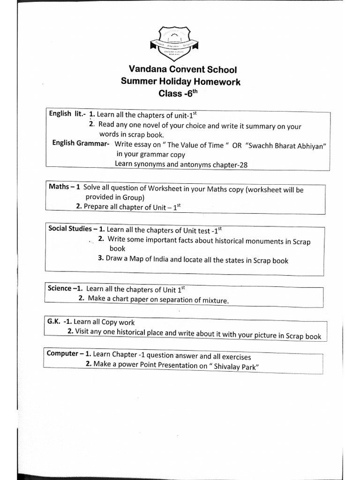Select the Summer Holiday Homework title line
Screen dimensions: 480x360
point(180,82)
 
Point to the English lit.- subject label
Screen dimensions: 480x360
point(66,114)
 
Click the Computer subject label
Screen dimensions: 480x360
point(62,353)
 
